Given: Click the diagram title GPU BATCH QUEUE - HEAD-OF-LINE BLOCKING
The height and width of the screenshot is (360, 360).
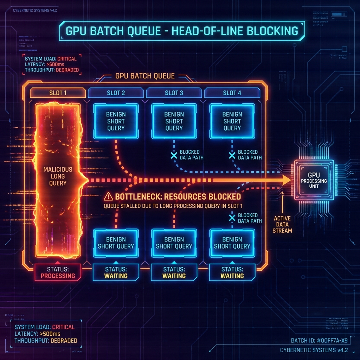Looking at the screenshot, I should pos(182,31).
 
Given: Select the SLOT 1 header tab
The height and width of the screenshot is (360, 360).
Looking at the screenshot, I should pos(58,93).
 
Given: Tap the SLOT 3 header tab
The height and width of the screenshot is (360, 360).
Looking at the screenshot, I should pos(174,93).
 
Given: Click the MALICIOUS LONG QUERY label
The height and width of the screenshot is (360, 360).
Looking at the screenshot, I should pos(58,176).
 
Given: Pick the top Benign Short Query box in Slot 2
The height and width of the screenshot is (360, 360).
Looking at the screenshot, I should pos(116,121).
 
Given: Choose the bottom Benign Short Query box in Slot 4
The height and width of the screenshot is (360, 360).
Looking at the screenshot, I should pos(232,243).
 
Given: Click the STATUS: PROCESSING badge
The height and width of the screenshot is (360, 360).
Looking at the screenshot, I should pos(58,272).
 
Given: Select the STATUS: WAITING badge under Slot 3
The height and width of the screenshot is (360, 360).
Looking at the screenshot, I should pos(174,272).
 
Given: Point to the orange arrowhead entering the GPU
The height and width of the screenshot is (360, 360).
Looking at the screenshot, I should pos(286,180).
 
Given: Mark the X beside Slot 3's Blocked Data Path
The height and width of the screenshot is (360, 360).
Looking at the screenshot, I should pos(174,155).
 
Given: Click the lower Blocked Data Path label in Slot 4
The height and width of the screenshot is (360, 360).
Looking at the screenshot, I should pos(250,218).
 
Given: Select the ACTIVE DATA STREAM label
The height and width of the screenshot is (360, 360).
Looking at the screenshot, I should pos(282,224).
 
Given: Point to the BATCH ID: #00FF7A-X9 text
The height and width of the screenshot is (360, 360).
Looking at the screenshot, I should pos(319,340).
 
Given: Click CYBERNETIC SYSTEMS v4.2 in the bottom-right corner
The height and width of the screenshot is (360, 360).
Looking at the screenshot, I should pos(314,350).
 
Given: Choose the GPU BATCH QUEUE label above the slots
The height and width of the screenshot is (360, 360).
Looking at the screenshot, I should pos(145,76).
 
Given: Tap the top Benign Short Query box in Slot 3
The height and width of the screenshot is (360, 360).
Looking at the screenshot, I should pos(174,121).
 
